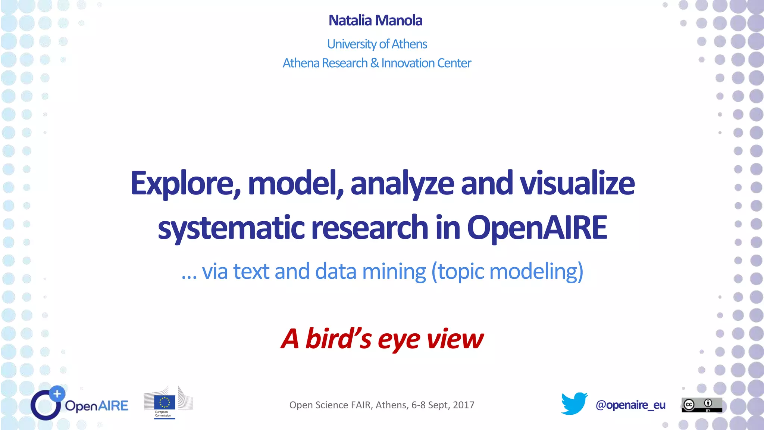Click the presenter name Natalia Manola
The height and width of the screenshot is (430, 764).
click(x=375, y=21)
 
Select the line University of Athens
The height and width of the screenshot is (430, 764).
click(x=377, y=44)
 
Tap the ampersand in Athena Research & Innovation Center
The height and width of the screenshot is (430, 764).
click(x=375, y=63)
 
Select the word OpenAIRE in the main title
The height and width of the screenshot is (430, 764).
click(x=537, y=227)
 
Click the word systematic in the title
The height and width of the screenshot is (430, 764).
click(x=231, y=228)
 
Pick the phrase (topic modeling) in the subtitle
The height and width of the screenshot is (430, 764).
click(x=507, y=272)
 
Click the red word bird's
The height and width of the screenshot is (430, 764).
click(x=338, y=339)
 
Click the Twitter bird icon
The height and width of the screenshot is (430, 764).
click(x=574, y=403)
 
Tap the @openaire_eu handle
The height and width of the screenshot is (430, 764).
click(x=630, y=405)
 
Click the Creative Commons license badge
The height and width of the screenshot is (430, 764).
click(x=702, y=405)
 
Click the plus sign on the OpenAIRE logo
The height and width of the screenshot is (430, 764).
click(x=57, y=393)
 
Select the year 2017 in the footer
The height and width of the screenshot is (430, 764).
click(x=463, y=405)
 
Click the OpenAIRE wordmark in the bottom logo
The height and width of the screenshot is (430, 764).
click(x=96, y=406)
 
